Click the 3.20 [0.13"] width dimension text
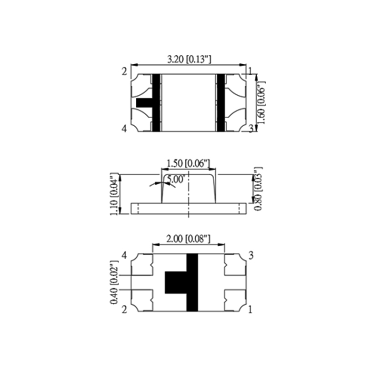click(189, 60)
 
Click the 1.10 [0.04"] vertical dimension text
click(114, 195)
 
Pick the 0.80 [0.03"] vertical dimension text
click(258, 188)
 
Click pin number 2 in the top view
click(124, 72)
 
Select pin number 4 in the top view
click(124, 129)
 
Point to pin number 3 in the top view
click(251, 128)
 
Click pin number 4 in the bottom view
click(124, 256)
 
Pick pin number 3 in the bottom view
click(251, 256)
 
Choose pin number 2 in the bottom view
click(124, 310)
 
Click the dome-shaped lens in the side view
click(189, 190)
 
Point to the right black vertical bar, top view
click(221, 102)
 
